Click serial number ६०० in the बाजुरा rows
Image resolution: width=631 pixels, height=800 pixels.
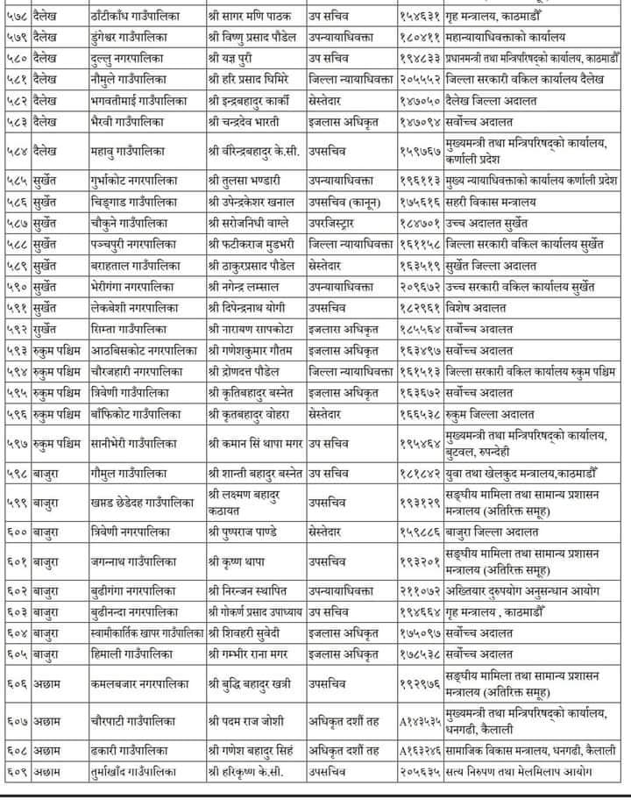pyautogui.click(x=18, y=532)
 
